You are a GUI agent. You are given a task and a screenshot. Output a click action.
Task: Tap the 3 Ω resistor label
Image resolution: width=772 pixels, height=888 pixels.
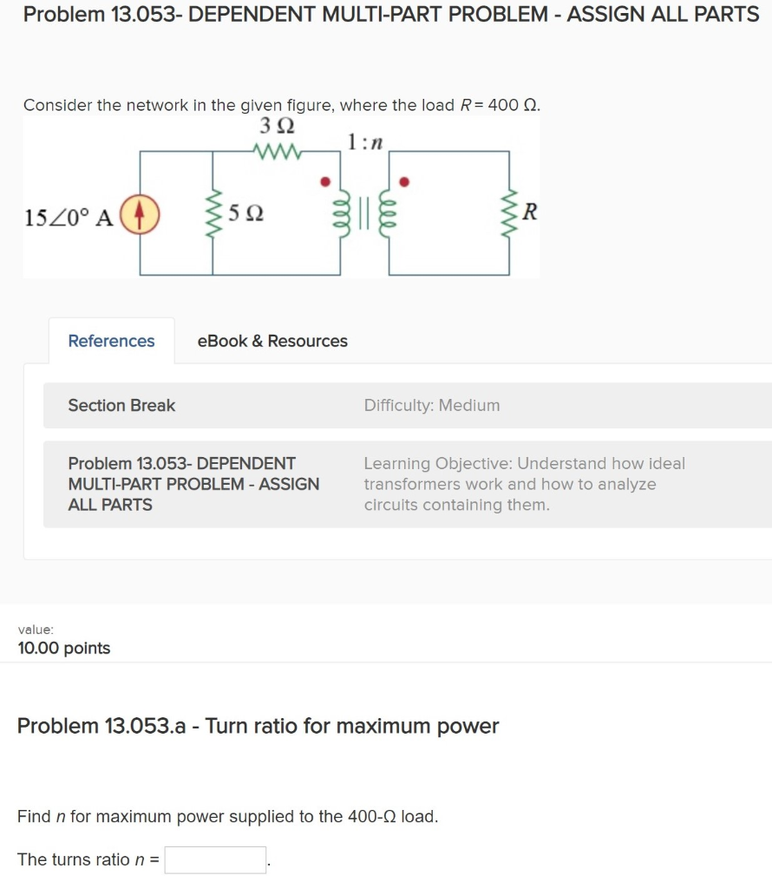(x=276, y=127)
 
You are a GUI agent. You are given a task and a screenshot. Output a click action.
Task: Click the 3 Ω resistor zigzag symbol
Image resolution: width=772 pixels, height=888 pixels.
(x=277, y=152)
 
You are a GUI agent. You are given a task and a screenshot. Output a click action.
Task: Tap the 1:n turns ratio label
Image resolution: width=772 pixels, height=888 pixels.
(x=364, y=140)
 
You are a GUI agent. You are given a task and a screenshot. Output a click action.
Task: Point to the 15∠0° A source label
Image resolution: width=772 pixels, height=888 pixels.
(x=69, y=217)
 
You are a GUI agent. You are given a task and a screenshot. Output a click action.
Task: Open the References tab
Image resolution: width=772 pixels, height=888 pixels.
(x=111, y=341)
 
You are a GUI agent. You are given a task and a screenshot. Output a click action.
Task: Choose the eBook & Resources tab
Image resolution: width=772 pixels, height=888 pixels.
(x=272, y=341)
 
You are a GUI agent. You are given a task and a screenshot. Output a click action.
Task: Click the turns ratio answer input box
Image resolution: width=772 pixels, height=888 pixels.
(x=215, y=859)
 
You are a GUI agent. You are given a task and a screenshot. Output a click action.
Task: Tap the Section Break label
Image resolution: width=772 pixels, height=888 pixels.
(x=121, y=405)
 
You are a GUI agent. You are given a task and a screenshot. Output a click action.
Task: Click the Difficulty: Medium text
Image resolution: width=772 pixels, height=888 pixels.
(x=432, y=405)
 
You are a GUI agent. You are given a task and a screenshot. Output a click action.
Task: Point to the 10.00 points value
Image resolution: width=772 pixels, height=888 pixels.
(x=63, y=648)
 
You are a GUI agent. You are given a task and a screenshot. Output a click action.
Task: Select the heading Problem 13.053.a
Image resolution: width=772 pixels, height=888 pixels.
(x=258, y=726)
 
